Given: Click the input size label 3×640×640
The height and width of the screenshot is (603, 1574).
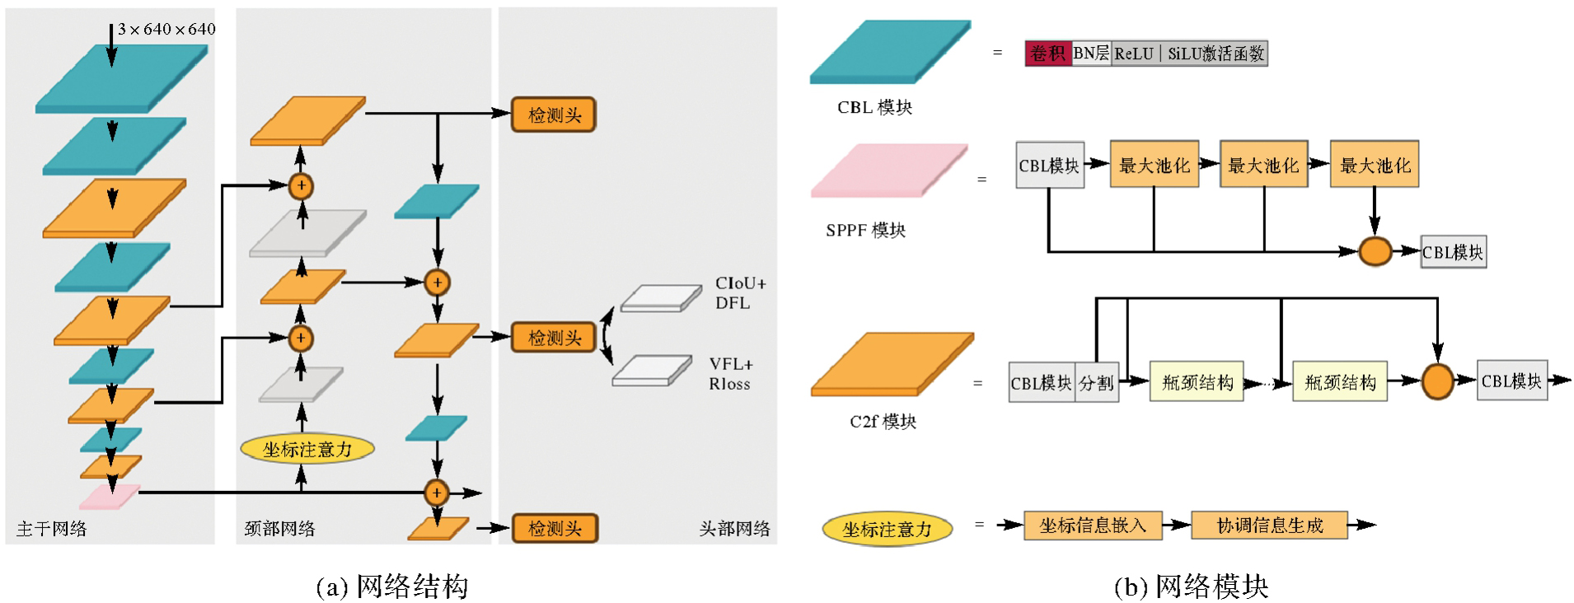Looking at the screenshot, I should click(x=166, y=30).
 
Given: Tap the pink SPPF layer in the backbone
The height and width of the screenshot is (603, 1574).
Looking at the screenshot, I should click(x=109, y=496).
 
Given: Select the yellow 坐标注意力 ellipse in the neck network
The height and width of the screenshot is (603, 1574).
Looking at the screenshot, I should click(x=307, y=449).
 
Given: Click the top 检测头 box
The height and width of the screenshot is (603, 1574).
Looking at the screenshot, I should click(x=554, y=115).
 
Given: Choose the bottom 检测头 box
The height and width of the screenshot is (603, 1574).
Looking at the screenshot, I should click(x=554, y=528).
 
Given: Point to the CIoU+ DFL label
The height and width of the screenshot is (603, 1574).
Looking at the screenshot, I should click(x=739, y=293).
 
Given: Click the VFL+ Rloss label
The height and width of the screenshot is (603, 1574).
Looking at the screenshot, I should click(x=730, y=374).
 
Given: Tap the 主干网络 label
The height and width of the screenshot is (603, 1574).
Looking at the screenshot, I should click(x=51, y=529).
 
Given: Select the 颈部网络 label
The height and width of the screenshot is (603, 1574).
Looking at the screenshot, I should click(x=279, y=529).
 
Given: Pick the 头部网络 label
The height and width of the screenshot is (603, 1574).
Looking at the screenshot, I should click(x=734, y=529).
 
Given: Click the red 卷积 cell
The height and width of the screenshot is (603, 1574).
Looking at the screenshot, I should click(x=1047, y=54).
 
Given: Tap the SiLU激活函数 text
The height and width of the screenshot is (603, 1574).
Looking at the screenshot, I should click(x=1216, y=54).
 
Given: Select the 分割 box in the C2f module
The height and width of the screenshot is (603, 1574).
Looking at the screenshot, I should click(x=1097, y=383).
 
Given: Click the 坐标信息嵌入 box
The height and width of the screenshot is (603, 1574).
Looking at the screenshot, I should click(x=1093, y=526).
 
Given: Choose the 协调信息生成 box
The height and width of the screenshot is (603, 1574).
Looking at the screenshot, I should click(x=1269, y=526).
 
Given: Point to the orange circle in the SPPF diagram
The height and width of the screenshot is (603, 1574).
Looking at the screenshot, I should click(x=1375, y=251).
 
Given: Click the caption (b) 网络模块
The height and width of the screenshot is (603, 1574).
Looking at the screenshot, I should click(x=1191, y=587).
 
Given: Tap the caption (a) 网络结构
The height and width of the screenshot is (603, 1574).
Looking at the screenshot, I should click(x=392, y=587).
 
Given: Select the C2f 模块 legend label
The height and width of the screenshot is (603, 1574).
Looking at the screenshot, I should click(x=883, y=422).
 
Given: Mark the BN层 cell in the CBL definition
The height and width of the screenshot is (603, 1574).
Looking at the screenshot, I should click(x=1091, y=54).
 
